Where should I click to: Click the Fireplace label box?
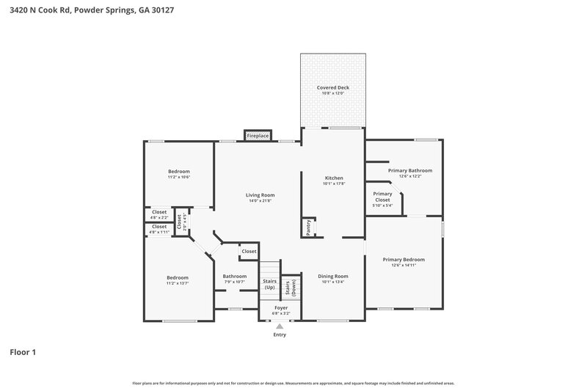(x=258, y=136)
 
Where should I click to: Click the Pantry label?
(x=309, y=227)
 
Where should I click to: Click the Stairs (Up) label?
(x=269, y=284)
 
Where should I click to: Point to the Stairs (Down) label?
(x=291, y=287)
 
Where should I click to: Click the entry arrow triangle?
(x=280, y=326)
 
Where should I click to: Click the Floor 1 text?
(x=23, y=352)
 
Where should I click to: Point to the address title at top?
(x=91, y=10)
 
